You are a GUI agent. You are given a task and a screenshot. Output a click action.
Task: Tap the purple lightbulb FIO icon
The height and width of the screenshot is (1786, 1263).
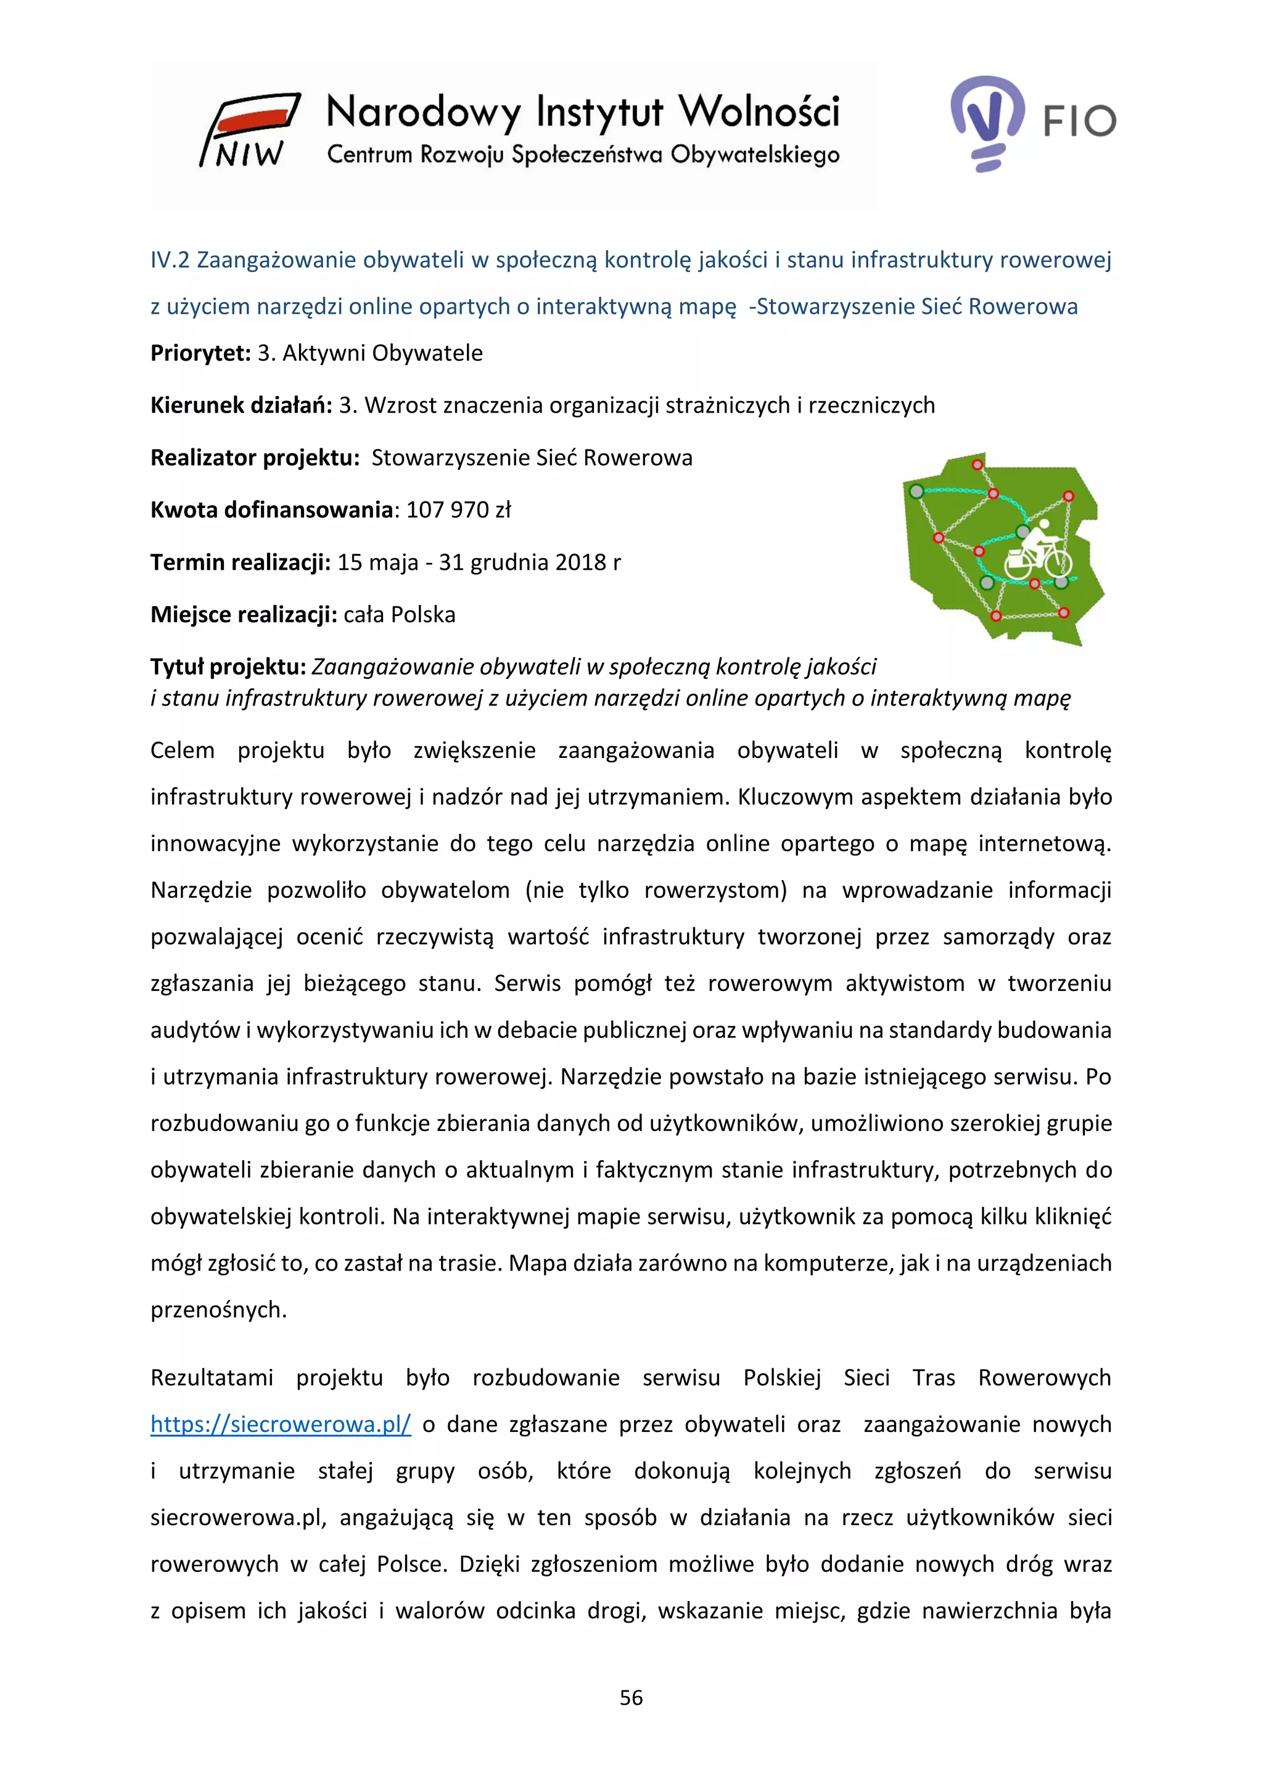(x=986, y=121)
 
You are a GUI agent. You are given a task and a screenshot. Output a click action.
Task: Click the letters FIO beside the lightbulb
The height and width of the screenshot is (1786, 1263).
(x=1079, y=121)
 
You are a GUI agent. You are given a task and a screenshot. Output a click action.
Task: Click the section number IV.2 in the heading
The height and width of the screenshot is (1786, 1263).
(x=170, y=260)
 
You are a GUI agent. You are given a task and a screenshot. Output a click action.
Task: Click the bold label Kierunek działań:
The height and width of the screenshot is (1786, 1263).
(x=241, y=405)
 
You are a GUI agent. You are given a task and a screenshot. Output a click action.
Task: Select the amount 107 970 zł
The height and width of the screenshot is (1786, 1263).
(x=458, y=510)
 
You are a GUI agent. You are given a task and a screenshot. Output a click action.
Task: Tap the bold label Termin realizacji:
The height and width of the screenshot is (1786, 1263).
(x=241, y=562)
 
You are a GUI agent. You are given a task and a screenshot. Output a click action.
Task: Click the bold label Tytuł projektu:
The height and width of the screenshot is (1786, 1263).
(x=229, y=667)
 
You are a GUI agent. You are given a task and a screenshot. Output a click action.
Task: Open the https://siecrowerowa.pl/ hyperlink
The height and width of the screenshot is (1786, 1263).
(x=280, y=1424)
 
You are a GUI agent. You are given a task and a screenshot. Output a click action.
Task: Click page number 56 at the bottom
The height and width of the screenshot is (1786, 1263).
(x=631, y=1697)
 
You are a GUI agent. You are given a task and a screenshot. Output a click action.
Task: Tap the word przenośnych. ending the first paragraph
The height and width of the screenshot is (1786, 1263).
(x=218, y=1310)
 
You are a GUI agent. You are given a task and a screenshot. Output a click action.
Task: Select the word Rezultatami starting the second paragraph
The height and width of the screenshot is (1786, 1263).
(x=212, y=1378)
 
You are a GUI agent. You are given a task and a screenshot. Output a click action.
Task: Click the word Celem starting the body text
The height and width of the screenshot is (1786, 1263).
(x=182, y=751)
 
